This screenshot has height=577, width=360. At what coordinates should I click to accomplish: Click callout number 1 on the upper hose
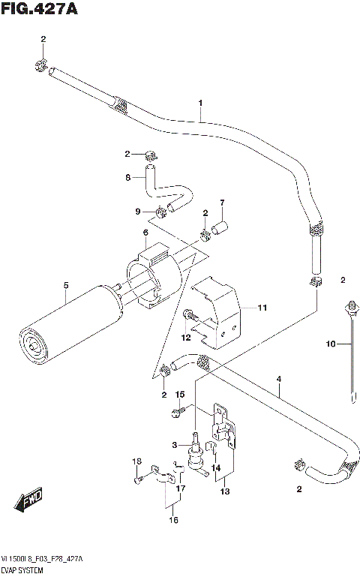(200, 103)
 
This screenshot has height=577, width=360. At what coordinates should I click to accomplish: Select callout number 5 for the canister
(66, 285)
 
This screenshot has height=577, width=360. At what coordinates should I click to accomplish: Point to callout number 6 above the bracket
(145, 233)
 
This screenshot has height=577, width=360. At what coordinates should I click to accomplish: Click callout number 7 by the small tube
(222, 203)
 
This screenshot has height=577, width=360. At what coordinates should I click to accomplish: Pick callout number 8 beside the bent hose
(128, 178)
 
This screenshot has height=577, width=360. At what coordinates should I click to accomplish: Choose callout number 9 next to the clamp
(137, 212)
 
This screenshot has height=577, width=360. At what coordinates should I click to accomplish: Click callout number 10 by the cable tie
(328, 344)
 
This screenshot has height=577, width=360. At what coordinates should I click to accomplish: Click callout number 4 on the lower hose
(278, 380)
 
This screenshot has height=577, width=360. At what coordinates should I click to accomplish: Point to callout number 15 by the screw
(179, 395)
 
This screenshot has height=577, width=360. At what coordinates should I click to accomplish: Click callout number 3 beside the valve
(175, 446)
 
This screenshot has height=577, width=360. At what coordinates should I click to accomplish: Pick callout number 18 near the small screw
(136, 461)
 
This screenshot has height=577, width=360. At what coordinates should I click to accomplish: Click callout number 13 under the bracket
(225, 492)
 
